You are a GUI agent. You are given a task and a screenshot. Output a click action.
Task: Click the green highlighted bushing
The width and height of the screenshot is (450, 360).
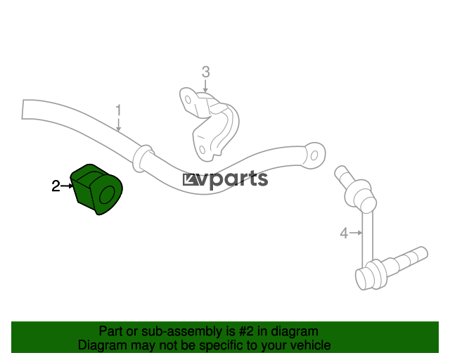97,189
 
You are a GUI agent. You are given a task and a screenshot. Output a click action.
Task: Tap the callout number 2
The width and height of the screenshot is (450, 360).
56,186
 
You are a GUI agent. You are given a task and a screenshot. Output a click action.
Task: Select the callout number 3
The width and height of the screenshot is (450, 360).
205,72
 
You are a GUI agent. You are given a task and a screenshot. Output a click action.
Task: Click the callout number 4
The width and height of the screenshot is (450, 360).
344,233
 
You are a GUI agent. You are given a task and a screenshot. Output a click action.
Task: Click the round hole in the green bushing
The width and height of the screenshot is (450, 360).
108,195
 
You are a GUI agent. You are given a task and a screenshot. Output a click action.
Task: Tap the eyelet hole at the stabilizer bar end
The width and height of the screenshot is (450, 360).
314,155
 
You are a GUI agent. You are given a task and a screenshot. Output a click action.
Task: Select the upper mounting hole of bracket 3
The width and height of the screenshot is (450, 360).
188,100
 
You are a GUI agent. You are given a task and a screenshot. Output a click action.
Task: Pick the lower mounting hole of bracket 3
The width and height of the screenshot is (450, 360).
202,150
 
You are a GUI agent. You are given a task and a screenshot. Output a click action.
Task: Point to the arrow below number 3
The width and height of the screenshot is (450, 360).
205,86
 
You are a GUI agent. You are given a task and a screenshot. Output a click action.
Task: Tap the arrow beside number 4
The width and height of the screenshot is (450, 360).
356,233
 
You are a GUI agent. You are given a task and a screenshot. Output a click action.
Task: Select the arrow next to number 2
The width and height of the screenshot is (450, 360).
67,186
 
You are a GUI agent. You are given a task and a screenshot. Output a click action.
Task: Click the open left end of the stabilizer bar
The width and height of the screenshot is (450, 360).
23,109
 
